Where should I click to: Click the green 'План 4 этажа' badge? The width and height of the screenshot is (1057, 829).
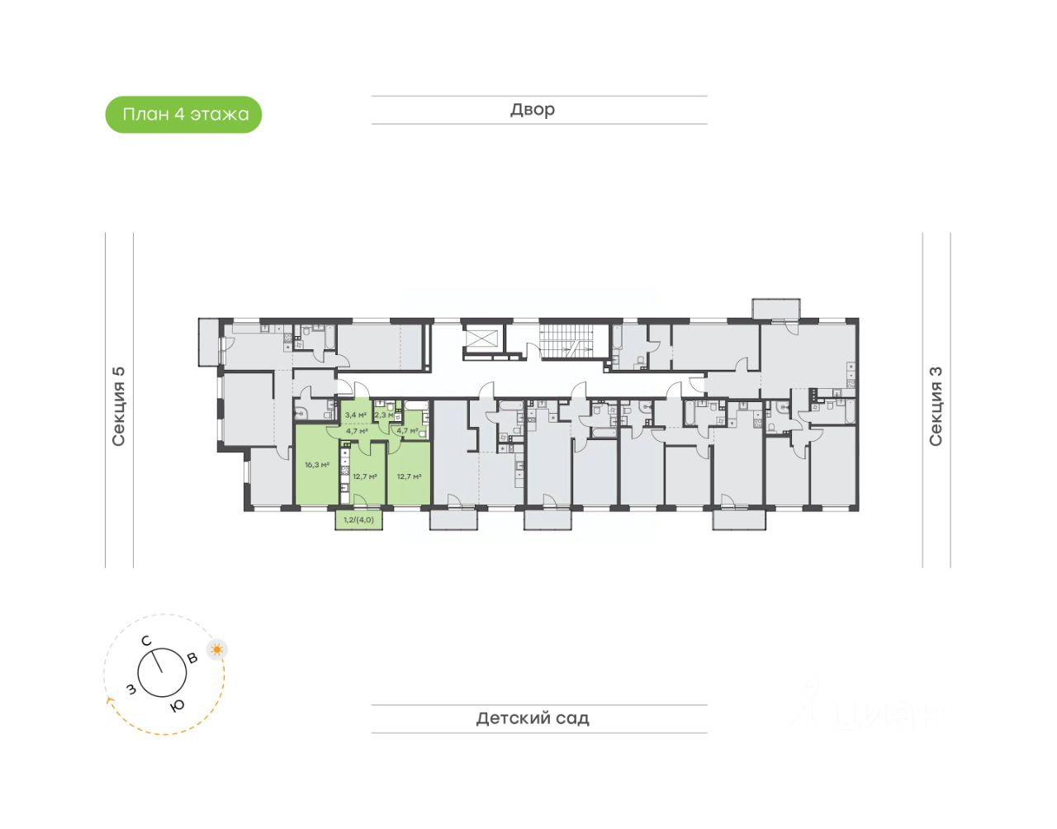coord(183,115)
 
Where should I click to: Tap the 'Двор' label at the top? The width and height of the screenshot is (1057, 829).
coord(533,110)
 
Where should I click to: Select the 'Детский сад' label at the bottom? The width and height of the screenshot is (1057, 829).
coord(533,718)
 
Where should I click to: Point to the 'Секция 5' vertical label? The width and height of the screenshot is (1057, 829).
coord(119,405)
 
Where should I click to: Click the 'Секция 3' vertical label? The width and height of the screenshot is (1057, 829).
coord(936,405)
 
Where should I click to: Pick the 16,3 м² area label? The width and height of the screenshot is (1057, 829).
coord(317,465)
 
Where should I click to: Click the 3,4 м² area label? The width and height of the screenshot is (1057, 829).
coord(356,414)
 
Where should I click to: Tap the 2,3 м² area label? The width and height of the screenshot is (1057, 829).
coord(384,414)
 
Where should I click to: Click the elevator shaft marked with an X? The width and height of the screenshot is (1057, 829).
coord(483,339)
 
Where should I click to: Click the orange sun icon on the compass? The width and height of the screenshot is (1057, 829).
coord(217,649)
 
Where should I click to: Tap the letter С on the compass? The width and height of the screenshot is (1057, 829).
coord(145,641)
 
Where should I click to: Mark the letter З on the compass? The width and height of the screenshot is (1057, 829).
coord(130,689)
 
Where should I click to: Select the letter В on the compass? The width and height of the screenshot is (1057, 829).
coord(192,658)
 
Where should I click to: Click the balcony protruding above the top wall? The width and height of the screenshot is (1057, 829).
coord(775,308)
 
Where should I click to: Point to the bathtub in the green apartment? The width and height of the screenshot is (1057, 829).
coord(415,405)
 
